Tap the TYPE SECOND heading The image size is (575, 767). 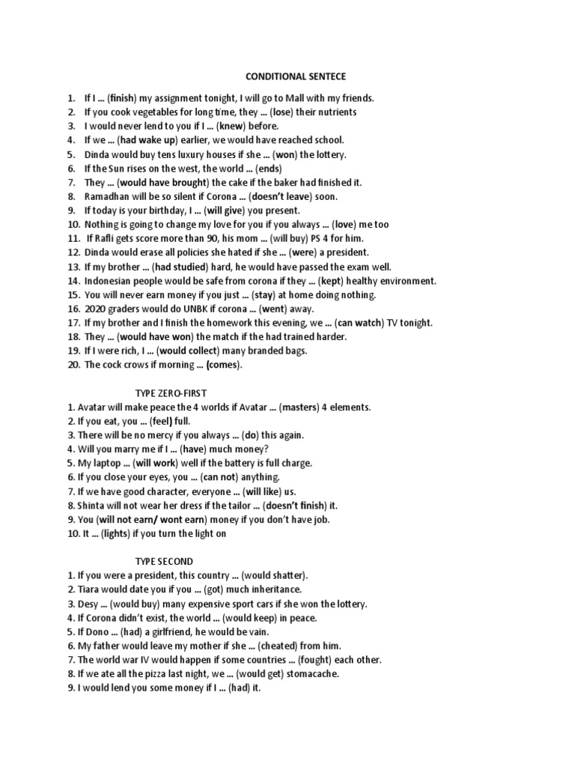pyautogui.click(x=164, y=561)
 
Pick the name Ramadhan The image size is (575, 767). pyautogui.click(x=109, y=196)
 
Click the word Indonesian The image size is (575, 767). pyautogui.click(x=110, y=281)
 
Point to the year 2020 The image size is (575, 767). pyautogui.click(x=96, y=309)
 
